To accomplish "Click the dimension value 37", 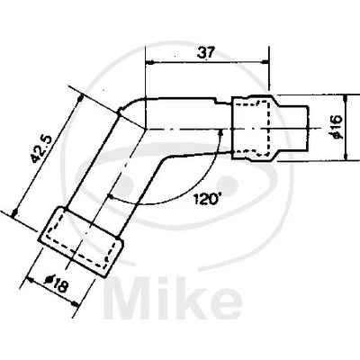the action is click(206, 53).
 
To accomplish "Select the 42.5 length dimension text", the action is click(41, 149).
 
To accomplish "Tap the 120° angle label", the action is click(205, 199).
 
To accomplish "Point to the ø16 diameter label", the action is click(336, 126).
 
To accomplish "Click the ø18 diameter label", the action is click(55, 284).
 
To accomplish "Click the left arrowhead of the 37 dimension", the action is click(149, 62).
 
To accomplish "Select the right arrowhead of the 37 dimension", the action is click(265, 62).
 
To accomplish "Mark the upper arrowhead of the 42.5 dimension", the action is click(80, 98).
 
